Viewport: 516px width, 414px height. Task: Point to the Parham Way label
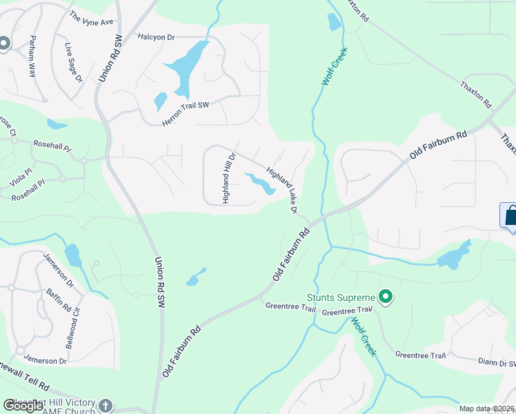coord(32,54)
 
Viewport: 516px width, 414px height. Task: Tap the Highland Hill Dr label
coord(229,177)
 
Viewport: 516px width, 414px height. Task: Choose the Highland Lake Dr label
coord(282,192)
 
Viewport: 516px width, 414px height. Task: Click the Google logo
coord(23,406)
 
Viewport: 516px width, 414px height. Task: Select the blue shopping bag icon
coord(510,215)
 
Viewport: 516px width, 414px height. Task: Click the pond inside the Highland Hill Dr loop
coord(259,184)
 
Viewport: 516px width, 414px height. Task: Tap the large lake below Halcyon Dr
coord(186,68)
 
